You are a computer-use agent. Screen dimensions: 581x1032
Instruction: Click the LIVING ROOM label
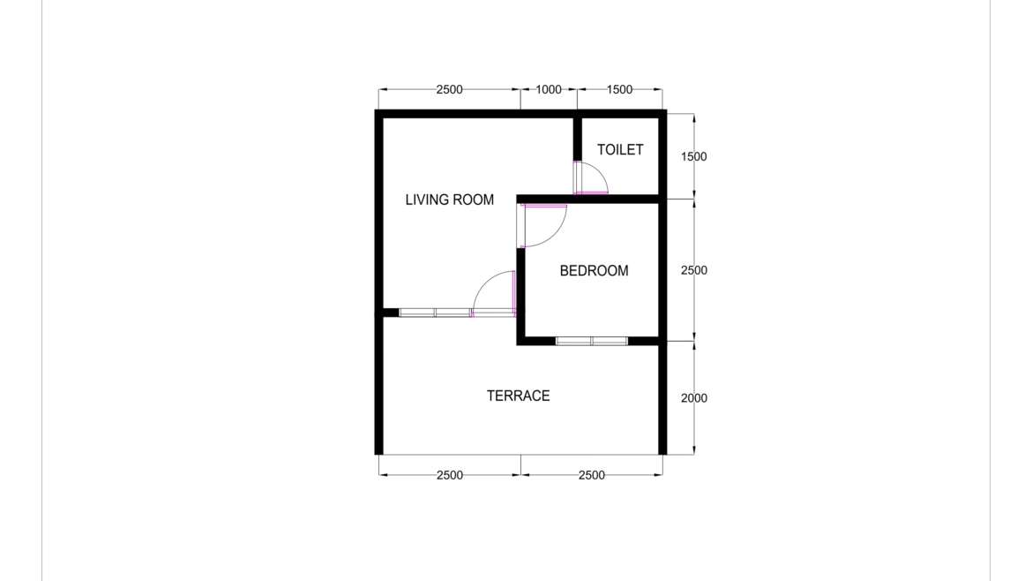pos(449,200)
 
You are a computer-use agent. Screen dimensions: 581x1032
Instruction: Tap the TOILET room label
pos(620,150)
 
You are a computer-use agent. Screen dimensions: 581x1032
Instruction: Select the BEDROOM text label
pos(594,271)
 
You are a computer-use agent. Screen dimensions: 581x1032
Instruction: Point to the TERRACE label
pos(518,396)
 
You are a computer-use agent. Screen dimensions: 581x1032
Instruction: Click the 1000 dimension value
pos(548,89)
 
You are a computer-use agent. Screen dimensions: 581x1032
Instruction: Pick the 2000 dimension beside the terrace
pos(693,398)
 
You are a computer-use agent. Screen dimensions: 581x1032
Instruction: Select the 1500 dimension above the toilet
pos(619,89)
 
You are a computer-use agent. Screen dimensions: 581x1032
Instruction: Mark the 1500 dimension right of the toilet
pos(693,157)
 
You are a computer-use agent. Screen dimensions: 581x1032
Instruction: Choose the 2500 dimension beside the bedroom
pos(693,271)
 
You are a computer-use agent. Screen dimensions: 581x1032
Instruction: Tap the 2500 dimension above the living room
pos(449,89)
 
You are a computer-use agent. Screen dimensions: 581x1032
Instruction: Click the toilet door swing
pos(591,178)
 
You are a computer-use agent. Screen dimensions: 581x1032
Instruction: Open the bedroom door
pos(543,225)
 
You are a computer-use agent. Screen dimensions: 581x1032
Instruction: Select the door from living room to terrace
pos(495,292)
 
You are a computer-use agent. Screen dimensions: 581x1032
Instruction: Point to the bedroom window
pos(591,341)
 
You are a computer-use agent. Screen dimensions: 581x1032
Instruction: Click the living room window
pos(435,313)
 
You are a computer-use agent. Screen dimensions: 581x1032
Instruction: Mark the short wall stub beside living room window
pos(390,312)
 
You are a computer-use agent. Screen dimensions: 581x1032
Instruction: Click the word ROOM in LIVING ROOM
pos(474,200)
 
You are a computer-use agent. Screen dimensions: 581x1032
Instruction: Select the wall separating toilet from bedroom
pos(617,199)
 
